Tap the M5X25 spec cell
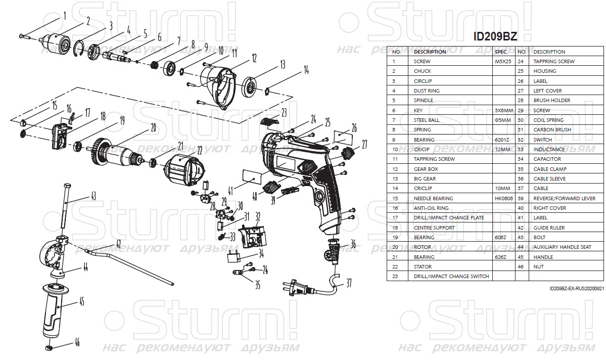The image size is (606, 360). tap(503, 61)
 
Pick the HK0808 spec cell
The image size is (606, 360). tap(503, 198)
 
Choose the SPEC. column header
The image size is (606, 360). tap(501, 52)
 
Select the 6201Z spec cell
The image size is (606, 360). tap(503, 140)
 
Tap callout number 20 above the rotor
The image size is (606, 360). tap(153, 128)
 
